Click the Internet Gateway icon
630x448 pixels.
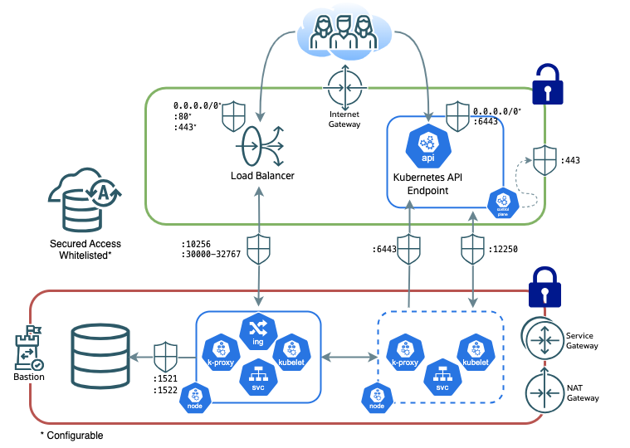click(x=344, y=87)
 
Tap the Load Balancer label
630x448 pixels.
click(x=262, y=176)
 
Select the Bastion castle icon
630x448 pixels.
click(x=26, y=353)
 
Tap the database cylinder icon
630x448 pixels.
click(x=100, y=356)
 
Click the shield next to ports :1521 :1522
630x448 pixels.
click(x=166, y=356)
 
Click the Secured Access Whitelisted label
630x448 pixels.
click(x=85, y=249)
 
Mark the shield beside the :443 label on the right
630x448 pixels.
click(x=544, y=159)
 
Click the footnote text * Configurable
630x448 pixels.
click(x=71, y=436)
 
